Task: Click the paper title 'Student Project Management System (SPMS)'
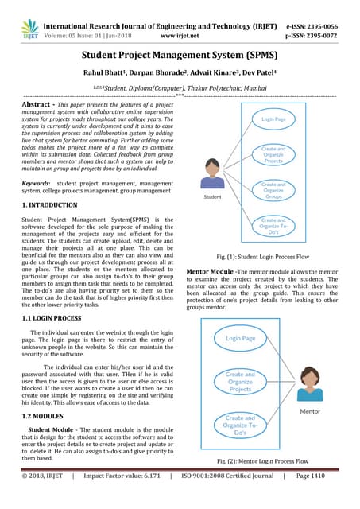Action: coord(180,56)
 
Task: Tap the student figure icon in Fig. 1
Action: coord(212,173)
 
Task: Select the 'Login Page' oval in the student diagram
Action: coord(274,119)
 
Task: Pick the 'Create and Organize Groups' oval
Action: coord(274,189)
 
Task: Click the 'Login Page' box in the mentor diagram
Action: coord(240,338)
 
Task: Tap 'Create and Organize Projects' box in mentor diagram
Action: coord(240,383)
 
